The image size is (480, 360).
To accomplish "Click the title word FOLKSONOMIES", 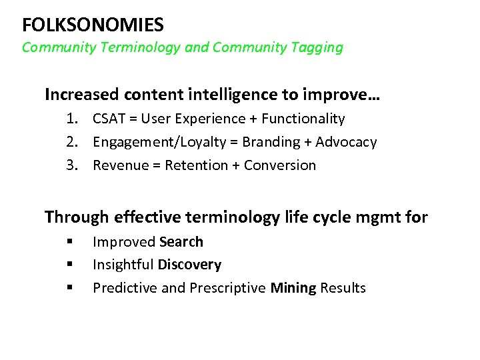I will pos(93,25).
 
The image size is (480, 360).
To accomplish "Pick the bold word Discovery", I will pos(189,265).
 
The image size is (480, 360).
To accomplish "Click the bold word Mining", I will pos(294,288).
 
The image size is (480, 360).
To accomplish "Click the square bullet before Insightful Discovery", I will pos(69,265).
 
